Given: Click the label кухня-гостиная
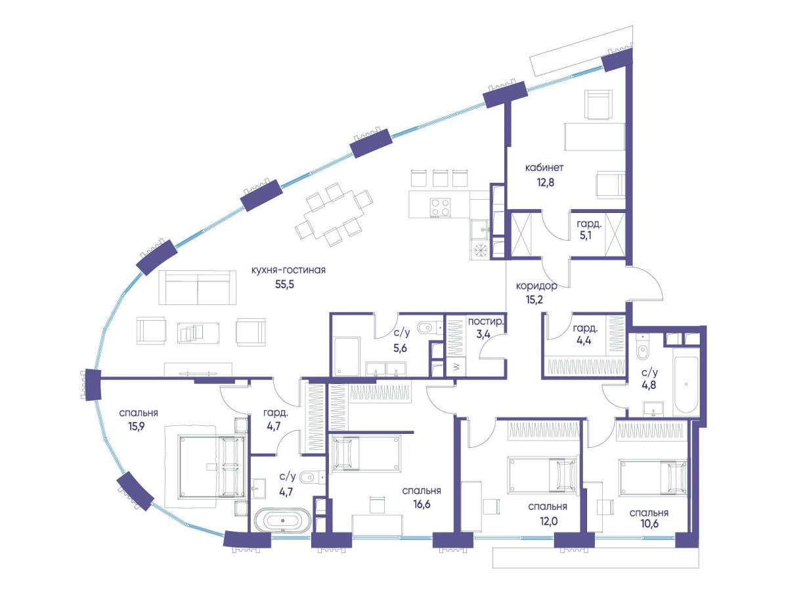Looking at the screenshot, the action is click(288, 270).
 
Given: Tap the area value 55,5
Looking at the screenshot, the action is click(284, 285).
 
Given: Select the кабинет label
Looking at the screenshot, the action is click(544, 168).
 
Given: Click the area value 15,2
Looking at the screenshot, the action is click(535, 300).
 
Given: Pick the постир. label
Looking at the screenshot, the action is click(486, 321).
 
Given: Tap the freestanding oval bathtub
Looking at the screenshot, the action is click(282, 520).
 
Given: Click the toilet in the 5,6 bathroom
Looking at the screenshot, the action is click(429, 327).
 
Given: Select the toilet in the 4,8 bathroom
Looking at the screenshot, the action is click(642, 347).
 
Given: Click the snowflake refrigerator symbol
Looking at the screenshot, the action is click(479, 250).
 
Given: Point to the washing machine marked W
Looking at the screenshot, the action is click(456, 367).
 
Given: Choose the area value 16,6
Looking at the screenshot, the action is click(422, 504).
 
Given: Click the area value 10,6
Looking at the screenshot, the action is click(649, 523).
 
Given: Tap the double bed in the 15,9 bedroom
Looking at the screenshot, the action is click(213, 467).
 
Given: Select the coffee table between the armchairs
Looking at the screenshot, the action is click(198, 333).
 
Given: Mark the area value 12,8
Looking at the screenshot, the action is click(545, 182).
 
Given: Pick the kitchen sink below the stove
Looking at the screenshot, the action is click(479, 229).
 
